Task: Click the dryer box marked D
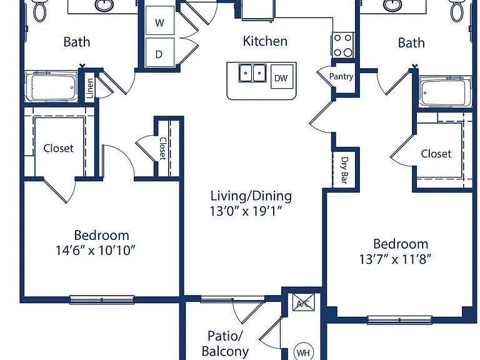[x=160, y=52]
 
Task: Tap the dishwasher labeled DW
[x=282, y=77]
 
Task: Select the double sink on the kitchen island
[x=252, y=73]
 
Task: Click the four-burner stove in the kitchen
[x=343, y=45]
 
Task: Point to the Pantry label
[x=341, y=76]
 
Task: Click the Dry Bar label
[x=345, y=170]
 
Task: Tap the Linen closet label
[x=90, y=88]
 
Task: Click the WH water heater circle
[x=303, y=352]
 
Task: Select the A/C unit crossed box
[x=303, y=302]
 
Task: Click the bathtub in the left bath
[x=51, y=87]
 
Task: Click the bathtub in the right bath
[x=446, y=92]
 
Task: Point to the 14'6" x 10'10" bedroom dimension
[x=95, y=251]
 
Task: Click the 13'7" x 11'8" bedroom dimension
[x=395, y=259]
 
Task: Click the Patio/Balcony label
[x=225, y=344]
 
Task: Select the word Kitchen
[x=265, y=41]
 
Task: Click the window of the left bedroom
[x=102, y=299]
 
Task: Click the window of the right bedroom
[x=399, y=320]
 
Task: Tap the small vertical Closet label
[x=163, y=148]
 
